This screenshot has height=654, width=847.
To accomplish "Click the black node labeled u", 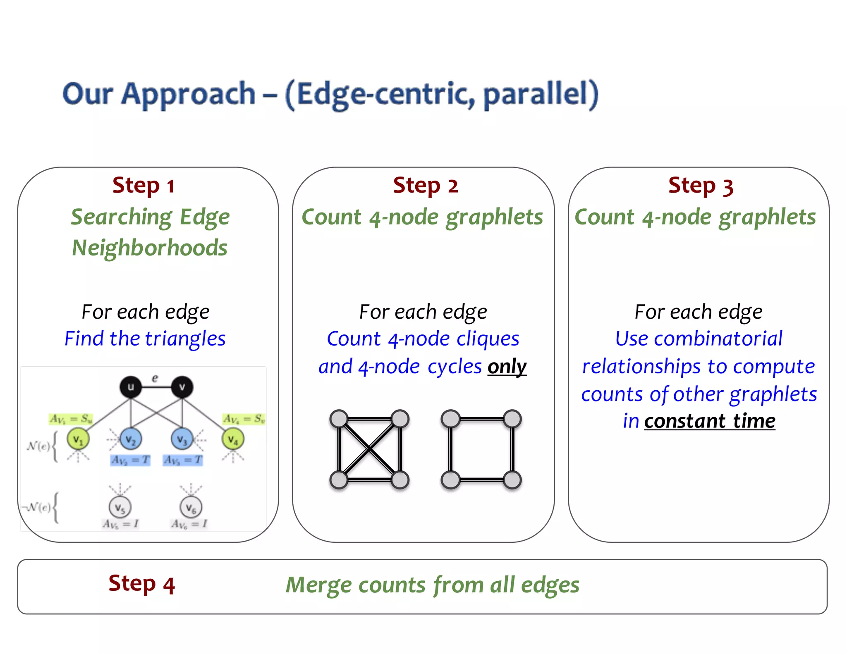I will pos(131,387).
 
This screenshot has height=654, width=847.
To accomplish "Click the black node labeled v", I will pos(182,387).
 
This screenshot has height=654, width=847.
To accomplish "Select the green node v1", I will pos(78,439).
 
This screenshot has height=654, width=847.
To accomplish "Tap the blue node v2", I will pos(131,439).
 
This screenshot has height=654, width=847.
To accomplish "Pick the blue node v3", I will pos(182,439).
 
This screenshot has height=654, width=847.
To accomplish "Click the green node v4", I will pos(233,439).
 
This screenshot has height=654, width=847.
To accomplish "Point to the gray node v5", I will pos(120,507).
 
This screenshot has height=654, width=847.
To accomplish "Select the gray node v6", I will pos(191,507).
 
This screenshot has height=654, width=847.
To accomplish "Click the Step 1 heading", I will pos(144,186).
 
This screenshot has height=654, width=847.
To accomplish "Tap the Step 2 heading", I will pos(425,186).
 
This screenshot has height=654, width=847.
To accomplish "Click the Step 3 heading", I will pos(701,186).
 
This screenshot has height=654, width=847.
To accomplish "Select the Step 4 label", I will pos(141,584).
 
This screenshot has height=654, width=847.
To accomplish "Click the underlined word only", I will pos(507,366).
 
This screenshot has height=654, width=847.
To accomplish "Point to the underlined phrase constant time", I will pos(710,421).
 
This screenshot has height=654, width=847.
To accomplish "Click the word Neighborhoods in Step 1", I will pos(150,248).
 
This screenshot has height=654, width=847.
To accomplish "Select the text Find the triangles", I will pos(145,339).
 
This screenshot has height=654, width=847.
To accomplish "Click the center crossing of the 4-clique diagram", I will pos(369,449).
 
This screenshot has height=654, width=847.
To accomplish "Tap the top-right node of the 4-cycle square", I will pos(512,419).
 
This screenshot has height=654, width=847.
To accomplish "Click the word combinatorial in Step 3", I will pos(718,339).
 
